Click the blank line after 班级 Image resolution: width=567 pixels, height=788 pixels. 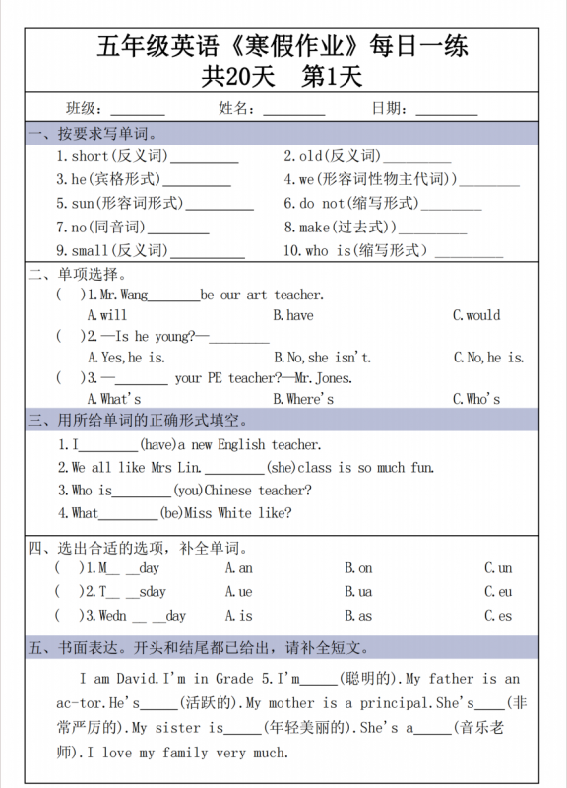point(137,110)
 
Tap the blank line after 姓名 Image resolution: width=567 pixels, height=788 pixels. point(293,110)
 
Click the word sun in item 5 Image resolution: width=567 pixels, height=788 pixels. point(83,203)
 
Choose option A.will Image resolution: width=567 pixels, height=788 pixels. point(107,315)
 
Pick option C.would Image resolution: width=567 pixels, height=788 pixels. point(476,315)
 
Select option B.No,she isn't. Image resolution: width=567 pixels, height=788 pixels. point(322,357)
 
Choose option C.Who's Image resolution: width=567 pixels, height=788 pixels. point(476,398)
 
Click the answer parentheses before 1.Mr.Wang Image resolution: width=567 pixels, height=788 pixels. point(68,295)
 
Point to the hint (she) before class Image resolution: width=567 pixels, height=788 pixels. point(280,468)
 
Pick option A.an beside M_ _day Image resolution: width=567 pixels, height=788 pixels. point(238,568)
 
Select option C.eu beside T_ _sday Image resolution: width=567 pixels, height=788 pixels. point(498,592)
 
